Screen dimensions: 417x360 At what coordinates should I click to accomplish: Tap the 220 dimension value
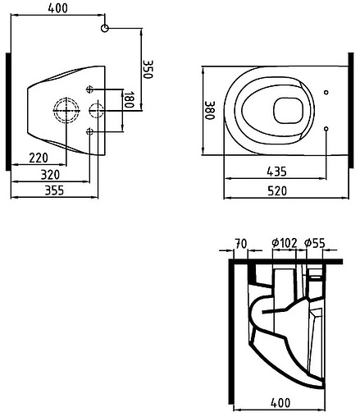[x=36, y=157]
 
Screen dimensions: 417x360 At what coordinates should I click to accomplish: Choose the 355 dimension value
[x=54, y=190]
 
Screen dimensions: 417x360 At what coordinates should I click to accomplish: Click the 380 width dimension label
[x=209, y=110]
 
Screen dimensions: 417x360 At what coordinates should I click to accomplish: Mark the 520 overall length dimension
[x=279, y=190]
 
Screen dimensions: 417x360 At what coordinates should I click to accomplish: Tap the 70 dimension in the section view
[x=240, y=243]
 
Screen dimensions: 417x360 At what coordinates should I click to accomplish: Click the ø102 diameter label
[x=283, y=243]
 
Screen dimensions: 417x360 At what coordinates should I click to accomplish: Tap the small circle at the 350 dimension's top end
[x=104, y=29]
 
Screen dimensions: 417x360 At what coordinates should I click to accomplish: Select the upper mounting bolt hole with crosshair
[x=89, y=89]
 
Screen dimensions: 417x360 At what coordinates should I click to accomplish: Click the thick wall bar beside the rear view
[x=8, y=111]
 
